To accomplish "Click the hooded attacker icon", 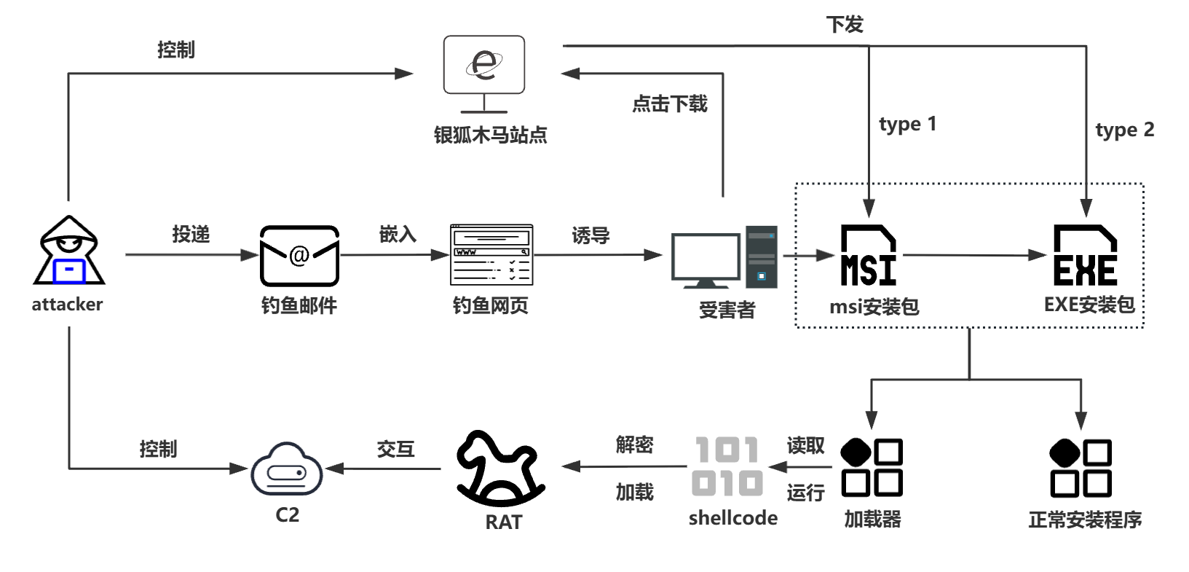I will [69, 251].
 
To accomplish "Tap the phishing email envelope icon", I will [299, 256].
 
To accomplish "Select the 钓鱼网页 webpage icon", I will [491, 254].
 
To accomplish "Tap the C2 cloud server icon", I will [287, 470].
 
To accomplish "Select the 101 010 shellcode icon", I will [727, 466].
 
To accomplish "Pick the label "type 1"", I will [907, 124].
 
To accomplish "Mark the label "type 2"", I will [1124, 130].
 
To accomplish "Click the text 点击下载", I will [669, 103].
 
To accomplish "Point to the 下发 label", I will [845, 25].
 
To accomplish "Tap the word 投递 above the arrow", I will [191, 234].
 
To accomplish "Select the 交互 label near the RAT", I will [395, 449].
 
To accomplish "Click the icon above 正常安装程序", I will [1081, 468].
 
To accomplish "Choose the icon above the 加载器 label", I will [872, 468].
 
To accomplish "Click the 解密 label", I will [634, 444].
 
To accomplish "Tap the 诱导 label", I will [590, 235].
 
